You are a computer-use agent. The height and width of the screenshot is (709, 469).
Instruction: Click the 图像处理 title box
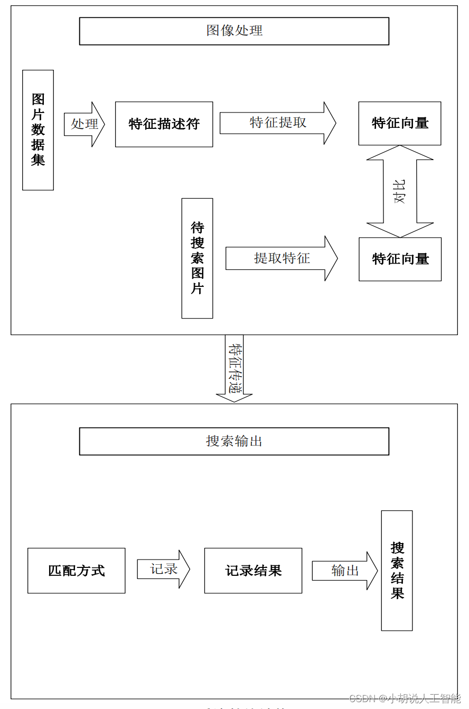pyautogui.click(x=234, y=31)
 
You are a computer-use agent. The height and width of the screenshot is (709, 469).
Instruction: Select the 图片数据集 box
pyautogui.click(x=38, y=130)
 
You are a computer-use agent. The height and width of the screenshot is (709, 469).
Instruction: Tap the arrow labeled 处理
pyautogui.click(x=85, y=124)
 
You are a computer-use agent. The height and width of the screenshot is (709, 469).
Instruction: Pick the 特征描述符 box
pyautogui.click(x=164, y=124)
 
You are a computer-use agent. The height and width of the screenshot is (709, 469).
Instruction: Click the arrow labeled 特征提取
pyautogui.click(x=278, y=123)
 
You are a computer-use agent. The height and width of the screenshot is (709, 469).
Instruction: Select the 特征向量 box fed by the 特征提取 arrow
pyautogui.click(x=400, y=124)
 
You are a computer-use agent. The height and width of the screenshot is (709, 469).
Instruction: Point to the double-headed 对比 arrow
pyautogui.click(x=400, y=191)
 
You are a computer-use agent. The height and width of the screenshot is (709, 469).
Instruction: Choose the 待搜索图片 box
pyautogui.click(x=197, y=258)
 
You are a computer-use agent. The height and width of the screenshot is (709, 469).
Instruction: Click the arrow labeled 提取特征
pyautogui.click(x=282, y=258)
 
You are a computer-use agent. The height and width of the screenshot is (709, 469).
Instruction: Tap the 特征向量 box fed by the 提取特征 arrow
pyautogui.click(x=400, y=259)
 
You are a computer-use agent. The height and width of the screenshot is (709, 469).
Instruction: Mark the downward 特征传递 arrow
pyautogui.click(x=234, y=368)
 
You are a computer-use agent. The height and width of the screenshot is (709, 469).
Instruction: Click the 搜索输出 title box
pyautogui.click(x=234, y=441)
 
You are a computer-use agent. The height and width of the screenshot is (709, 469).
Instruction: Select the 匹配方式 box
pyautogui.click(x=77, y=571)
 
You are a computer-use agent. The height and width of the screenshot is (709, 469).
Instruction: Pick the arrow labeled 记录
pyautogui.click(x=163, y=570)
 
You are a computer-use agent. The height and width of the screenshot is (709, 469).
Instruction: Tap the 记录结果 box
pyautogui.click(x=254, y=571)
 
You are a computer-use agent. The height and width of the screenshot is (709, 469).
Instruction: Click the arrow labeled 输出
pyautogui.click(x=345, y=571)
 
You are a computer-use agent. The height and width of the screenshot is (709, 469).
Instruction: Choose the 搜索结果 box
pyautogui.click(x=397, y=571)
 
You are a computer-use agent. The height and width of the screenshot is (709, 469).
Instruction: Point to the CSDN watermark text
pyautogui.click(x=405, y=699)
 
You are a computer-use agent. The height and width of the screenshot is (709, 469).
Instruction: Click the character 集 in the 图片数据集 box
pyautogui.click(x=38, y=160)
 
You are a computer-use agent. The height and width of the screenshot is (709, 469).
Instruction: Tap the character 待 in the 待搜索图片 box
pyautogui.click(x=197, y=228)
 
